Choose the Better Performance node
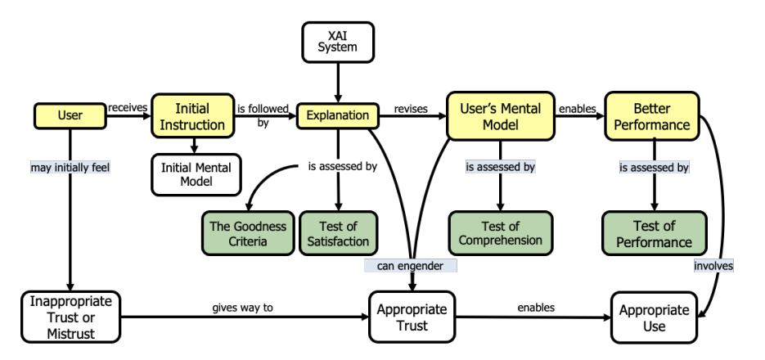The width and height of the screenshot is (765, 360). pos(653,116)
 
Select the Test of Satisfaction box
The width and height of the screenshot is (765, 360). pos(338,233)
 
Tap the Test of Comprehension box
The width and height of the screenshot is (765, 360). pos(500,232)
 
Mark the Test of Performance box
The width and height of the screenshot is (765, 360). pos(654,233)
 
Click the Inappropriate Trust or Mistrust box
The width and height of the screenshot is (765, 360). pos(71,315)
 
